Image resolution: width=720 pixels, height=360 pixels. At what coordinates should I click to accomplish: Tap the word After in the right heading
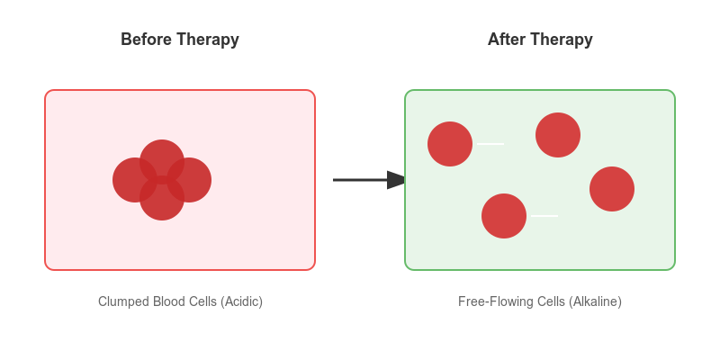pyautogui.click(x=505, y=40)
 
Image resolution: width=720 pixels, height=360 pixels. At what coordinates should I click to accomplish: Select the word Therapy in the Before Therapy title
pyautogui.click(x=207, y=40)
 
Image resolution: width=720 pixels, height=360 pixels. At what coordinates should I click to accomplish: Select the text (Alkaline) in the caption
pyautogui.click(x=595, y=301)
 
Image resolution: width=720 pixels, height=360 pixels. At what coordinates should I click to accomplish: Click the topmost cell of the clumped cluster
pyautogui.click(x=162, y=155)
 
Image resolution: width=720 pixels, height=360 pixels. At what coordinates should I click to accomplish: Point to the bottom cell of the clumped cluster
pyautogui.click(x=162, y=203)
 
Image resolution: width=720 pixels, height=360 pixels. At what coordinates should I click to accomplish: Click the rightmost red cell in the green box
pyautogui.click(x=612, y=189)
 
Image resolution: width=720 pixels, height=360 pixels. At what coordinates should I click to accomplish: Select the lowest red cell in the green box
pyautogui.click(x=504, y=216)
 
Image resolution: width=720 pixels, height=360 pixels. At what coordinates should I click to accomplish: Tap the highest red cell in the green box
pyautogui.click(x=558, y=135)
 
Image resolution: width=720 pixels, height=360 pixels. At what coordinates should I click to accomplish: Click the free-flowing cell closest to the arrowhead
pyautogui.click(x=450, y=144)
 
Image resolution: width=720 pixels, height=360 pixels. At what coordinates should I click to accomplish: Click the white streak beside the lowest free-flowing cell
pyautogui.click(x=544, y=216)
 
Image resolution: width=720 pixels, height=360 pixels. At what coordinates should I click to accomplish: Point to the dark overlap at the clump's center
pyautogui.click(x=162, y=180)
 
